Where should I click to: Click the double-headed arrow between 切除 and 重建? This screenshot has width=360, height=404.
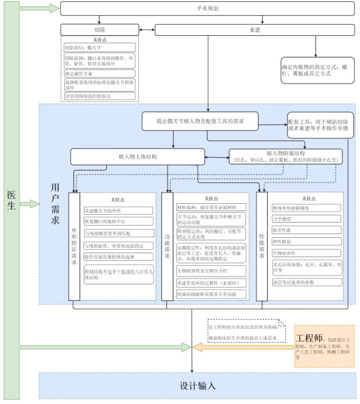point(148,30)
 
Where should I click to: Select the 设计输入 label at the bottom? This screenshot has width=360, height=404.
point(197,386)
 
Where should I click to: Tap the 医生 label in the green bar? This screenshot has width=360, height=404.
point(10,200)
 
